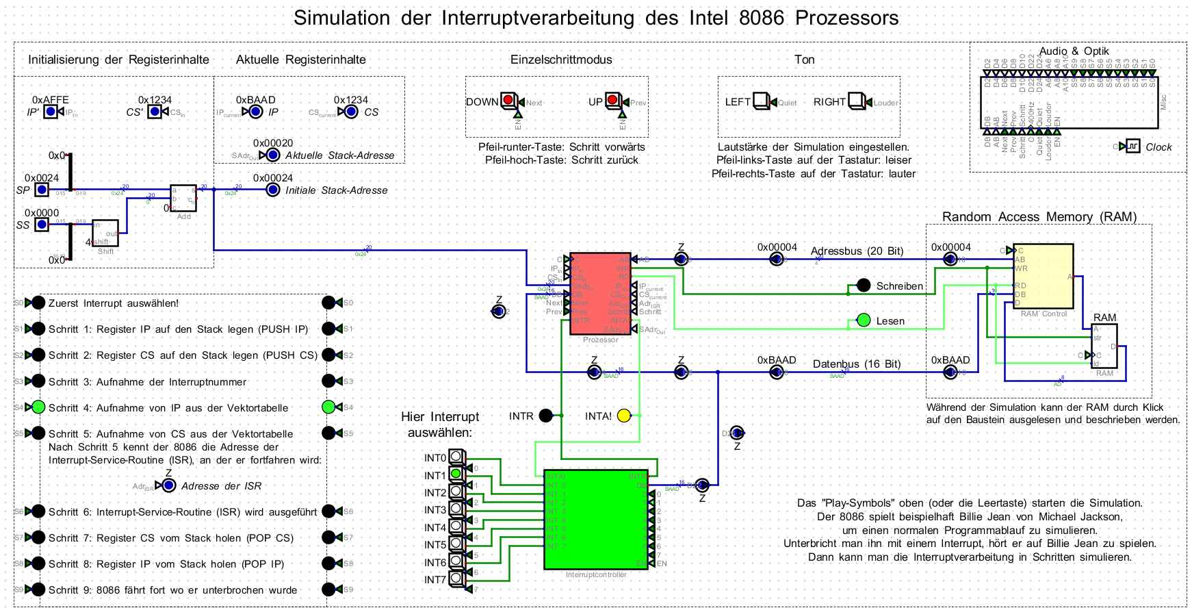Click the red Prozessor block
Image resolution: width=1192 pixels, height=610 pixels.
coord(600,293)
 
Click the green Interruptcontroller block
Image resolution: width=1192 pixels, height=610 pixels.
coord(595,519)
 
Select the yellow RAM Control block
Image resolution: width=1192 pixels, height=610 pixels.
coord(1043,276)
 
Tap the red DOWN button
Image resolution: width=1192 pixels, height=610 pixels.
coord(508,101)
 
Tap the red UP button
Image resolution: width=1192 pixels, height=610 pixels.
coord(612,101)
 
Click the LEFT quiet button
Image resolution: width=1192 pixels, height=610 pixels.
coord(761,101)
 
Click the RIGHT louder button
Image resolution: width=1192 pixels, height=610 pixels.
coord(856,101)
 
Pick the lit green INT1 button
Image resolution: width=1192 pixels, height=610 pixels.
coord(456,474)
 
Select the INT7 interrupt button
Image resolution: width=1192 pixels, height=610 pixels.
coord(456,579)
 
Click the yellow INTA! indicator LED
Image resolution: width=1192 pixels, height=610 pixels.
coord(623,416)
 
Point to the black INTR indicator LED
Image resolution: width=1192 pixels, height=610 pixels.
coord(545,416)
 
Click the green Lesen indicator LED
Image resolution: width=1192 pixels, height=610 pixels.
coord(864,320)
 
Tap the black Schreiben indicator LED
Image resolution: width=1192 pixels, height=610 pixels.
coord(864,285)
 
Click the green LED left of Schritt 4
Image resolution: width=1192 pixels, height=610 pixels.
coord(38,407)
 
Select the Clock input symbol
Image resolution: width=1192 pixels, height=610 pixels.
coord(1133,146)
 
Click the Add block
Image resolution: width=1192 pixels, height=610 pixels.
coord(183,198)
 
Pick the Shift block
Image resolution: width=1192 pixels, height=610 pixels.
coord(105,233)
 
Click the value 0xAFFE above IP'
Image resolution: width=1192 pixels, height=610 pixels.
coord(50,100)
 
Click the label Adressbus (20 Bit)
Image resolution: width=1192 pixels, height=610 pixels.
coord(857,251)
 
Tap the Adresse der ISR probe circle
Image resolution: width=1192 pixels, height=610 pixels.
coord(168,485)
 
